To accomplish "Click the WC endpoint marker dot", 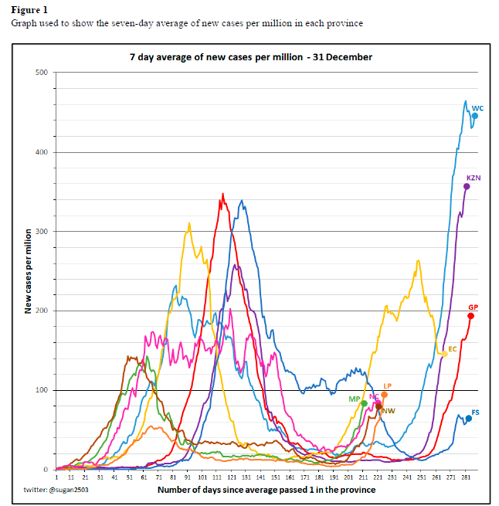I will [475, 116].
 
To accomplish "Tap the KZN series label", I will [474, 178].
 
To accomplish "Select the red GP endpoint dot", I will [471, 316].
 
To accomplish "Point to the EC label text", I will [453, 349].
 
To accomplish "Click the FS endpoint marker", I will [468, 419].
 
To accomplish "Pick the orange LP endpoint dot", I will [385, 395].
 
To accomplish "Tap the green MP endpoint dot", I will [364, 403].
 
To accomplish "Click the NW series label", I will [389, 411].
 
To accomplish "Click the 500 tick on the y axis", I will [42, 73].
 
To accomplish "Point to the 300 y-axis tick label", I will [42, 232].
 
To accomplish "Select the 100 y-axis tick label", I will [42, 390].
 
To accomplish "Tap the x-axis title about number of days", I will [266, 490].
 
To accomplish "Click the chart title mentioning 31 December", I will [250, 57].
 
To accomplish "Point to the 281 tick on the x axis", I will [465, 478].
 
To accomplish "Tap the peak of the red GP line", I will [223, 194].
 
